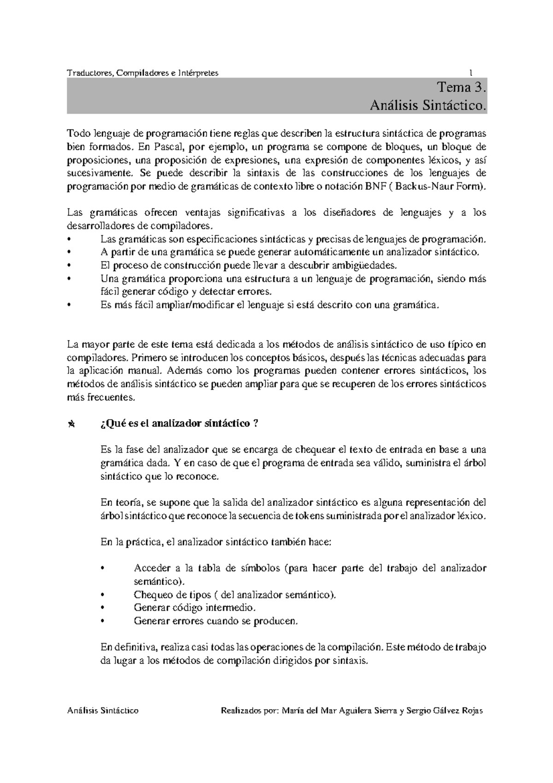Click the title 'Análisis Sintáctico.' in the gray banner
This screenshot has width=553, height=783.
tap(428, 106)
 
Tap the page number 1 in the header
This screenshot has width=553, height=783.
tap(471, 73)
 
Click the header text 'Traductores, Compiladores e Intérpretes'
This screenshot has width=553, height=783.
tap(142, 73)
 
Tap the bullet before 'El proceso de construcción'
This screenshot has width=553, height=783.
tap(69, 266)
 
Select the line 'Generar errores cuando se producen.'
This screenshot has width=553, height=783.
tap(216, 621)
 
